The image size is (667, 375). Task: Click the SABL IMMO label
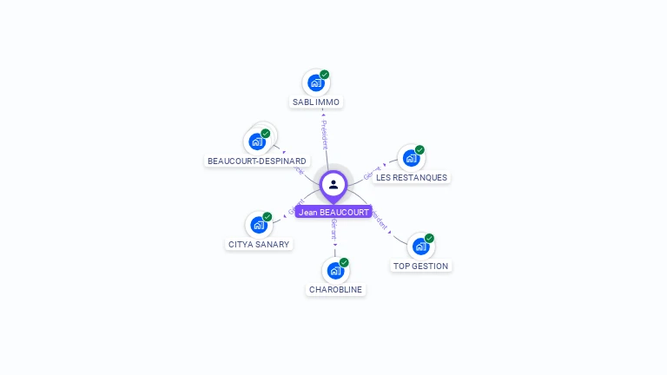pyautogui.click(x=316, y=102)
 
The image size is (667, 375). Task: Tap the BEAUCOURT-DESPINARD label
pyautogui.click(x=257, y=161)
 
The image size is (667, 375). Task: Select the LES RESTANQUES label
pyautogui.click(x=412, y=178)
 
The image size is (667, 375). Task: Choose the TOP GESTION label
pyautogui.click(x=421, y=266)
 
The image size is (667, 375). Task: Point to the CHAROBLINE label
pyautogui.click(x=336, y=290)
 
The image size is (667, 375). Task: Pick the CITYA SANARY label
pyautogui.click(x=259, y=245)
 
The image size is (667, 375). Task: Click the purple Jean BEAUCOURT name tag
pyautogui.click(x=333, y=212)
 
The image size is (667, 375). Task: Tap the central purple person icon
pyautogui.click(x=333, y=184)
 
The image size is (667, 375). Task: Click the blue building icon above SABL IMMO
pyautogui.click(x=315, y=83)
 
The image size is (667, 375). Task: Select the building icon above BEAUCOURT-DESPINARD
pyautogui.click(x=256, y=141)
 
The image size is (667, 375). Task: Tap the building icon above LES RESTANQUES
pyautogui.click(x=411, y=159)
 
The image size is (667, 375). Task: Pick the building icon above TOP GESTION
pyautogui.click(x=420, y=247)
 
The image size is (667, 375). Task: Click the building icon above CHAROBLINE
pyautogui.click(x=335, y=271)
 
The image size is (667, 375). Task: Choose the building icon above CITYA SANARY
pyautogui.click(x=258, y=226)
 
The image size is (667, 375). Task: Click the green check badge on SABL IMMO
pyautogui.click(x=325, y=75)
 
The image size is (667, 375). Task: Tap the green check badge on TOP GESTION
pyautogui.click(x=429, y=239)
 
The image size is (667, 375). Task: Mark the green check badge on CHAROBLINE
pyautogui.click(x=344, y=262)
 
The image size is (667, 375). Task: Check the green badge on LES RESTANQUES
pyautogui.click(x=419, y=150)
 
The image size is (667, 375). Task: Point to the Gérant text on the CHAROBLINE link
pyautogui.click(x=334, y=230)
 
